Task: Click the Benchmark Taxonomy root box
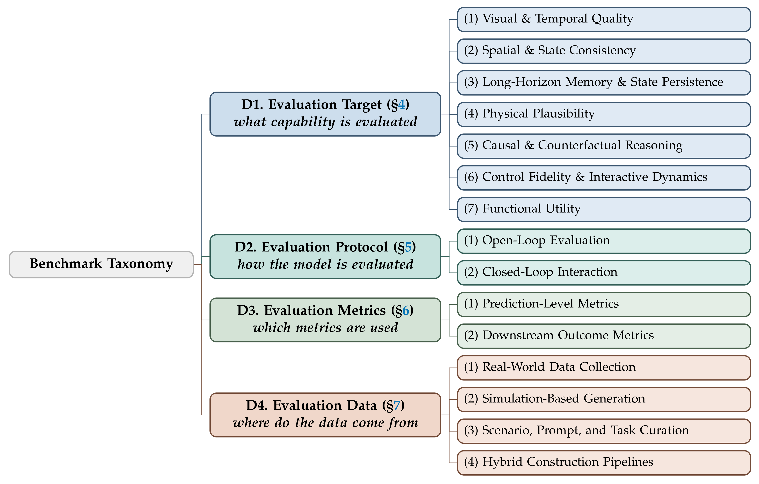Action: tap(101, 264)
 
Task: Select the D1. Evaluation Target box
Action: tap(325, 114)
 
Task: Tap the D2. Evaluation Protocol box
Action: tap(325, 257)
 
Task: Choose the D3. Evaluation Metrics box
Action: tap(325, 320)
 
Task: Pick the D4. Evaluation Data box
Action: tap(325, 415)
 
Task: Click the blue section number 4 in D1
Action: tap(401, 105)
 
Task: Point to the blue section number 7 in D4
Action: tap(397, 405)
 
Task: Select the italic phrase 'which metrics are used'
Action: tap(325, 328)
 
